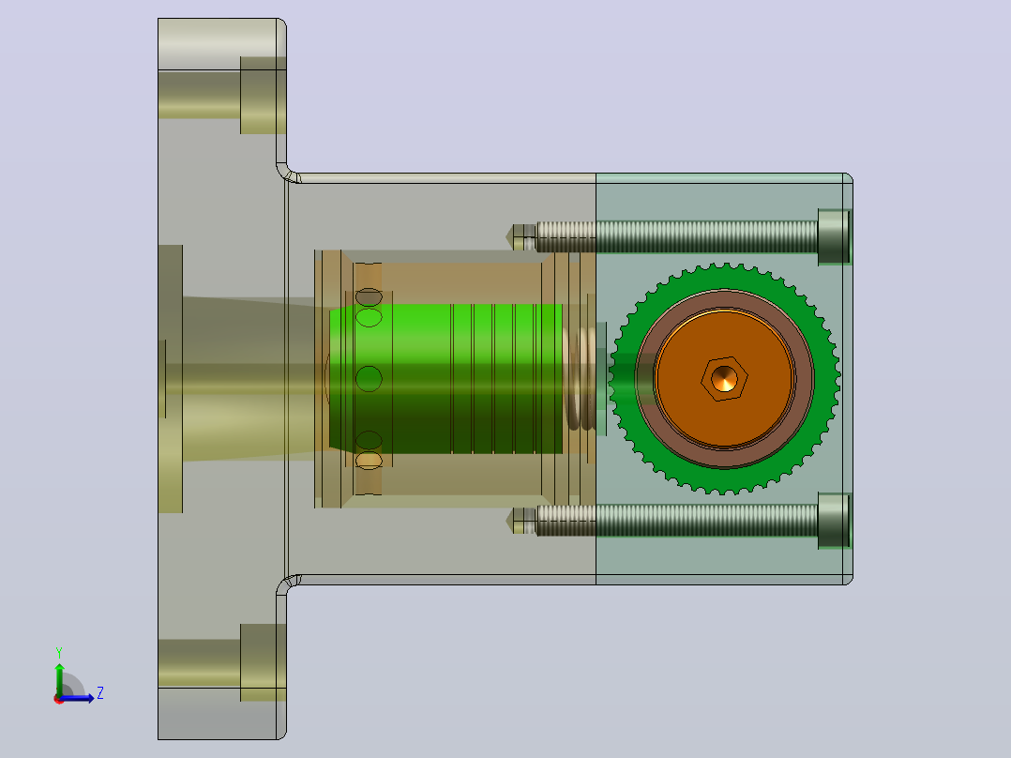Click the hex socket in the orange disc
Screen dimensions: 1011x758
[x=724, y=379]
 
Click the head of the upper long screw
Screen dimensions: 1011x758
[x=835, y=236]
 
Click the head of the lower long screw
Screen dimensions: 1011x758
[x=835, y=522]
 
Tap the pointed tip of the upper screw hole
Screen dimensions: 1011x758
[x=507, y=236]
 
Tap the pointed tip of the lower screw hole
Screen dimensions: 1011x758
[x=507, y=521]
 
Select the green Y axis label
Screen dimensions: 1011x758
[x=59, y=652]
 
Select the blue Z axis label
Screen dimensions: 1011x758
[x=100, y=693]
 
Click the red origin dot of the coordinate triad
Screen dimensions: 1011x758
[x=59, y=699]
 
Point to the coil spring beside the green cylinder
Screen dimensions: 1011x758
[x=580, y=379]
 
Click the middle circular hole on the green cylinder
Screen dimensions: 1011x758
[x=369, y=379]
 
